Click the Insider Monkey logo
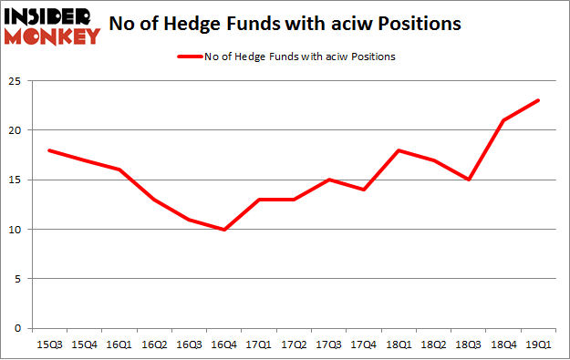[x=52, y=25]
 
